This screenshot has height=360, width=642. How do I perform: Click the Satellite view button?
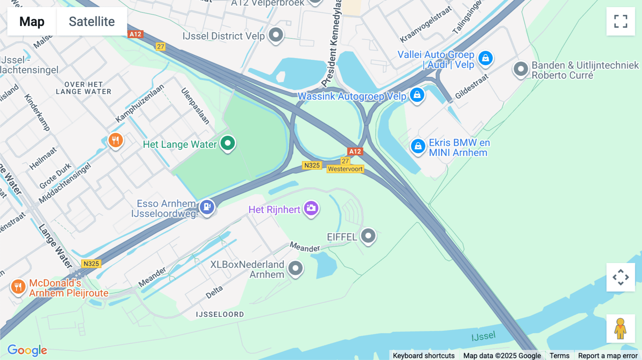[92, 21]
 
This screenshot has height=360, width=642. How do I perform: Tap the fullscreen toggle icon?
[621, 21]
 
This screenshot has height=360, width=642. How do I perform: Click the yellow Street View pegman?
[621, 328]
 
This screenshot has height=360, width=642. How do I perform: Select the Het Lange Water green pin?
[228, 143]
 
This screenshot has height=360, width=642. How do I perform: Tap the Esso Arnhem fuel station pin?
[207, 207]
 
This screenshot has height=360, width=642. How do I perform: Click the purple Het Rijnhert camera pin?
[311, 208]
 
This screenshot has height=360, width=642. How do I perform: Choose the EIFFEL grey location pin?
[368, 236]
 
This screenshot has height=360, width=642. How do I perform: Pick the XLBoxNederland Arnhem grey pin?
[295, 268]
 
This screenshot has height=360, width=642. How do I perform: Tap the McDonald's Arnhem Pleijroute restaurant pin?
[18, 287]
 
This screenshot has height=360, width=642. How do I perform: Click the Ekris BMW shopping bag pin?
[418, 146]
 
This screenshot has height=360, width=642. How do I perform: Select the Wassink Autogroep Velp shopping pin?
[417, 95]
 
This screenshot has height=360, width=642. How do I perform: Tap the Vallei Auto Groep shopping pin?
[485, 58]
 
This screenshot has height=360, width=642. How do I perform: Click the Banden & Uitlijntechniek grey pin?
[520, 69]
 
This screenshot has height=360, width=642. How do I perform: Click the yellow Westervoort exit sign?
[345, 169]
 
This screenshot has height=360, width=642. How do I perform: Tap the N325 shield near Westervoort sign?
[312, 165]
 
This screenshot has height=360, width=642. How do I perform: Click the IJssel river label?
[483, 336]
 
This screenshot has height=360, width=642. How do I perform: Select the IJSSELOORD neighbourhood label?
[220, 314]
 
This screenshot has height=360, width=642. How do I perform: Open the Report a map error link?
[608, 356]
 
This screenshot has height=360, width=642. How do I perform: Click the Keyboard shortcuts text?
[424, 356]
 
